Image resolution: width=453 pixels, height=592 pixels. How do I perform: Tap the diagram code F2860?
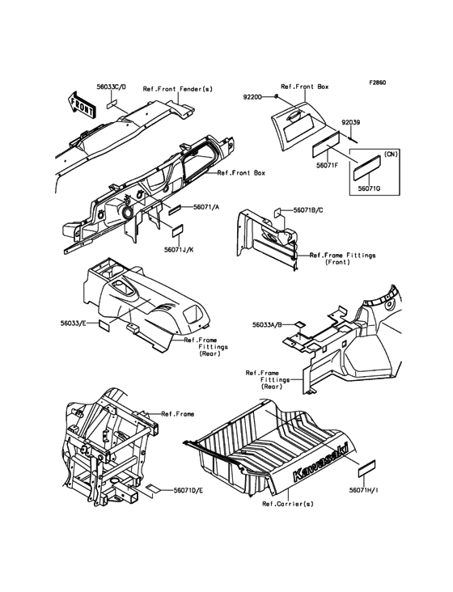tap(378, 82)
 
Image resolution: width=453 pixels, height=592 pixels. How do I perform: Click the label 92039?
tap(351, 123)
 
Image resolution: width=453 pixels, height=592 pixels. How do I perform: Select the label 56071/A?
tap(206, 207)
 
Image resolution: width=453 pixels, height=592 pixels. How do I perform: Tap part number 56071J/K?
tap(179, 249)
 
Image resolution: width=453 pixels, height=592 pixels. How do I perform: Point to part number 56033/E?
tap(73, 323)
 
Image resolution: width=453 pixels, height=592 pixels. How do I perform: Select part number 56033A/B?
tap(267, 324)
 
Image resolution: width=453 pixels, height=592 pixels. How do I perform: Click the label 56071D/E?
tap(188, 490)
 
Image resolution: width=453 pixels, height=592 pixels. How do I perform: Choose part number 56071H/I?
tap(364, 490)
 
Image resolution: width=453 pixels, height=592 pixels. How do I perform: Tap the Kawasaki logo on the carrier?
tap(320, 462)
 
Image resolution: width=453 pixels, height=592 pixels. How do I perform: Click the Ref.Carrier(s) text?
tap(288, 504)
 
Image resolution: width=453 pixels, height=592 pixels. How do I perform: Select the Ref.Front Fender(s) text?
tap(178, 89)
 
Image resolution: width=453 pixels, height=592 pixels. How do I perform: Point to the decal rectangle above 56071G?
tap(366, 168)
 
